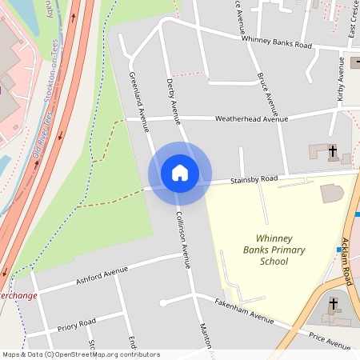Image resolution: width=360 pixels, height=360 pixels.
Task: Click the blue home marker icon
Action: pos(180,173)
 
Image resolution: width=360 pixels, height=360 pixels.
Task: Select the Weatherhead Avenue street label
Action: pos(251,119)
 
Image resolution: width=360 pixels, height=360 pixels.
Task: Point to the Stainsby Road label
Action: pos(254,179)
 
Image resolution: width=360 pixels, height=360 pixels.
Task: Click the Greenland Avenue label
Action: pos(139,100)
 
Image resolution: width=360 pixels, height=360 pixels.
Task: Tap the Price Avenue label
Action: pos(329,342)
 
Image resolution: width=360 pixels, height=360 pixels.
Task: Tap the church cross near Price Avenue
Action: pos(332,304)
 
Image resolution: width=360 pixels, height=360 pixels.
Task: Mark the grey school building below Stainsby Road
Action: pos(331,193)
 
